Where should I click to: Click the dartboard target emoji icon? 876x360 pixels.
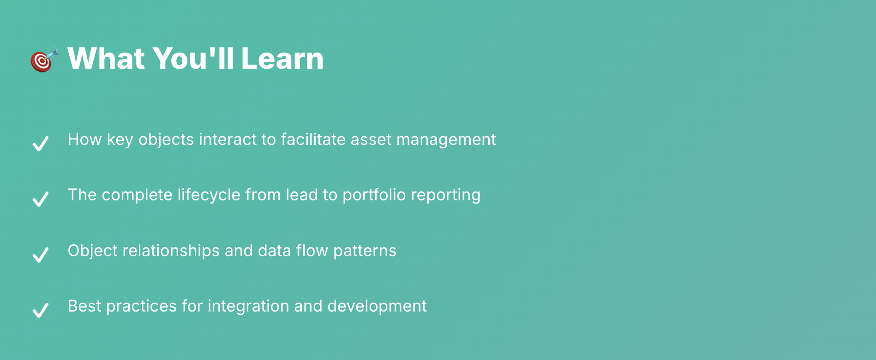[x=45, y=60]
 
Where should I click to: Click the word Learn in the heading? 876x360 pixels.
[x=282, y=59]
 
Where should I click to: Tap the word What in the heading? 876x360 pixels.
[x=107, y=59]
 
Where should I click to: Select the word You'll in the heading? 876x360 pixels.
[x=193, y=59]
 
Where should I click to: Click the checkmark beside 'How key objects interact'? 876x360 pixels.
[x=41, y=144]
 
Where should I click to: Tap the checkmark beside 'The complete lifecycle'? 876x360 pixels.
[x=41, y=199]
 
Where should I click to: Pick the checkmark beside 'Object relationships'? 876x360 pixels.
[x=41, y=254]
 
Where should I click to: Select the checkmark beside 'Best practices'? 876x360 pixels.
[x=41, y=310]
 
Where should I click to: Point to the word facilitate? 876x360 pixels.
[x=313, y=139]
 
